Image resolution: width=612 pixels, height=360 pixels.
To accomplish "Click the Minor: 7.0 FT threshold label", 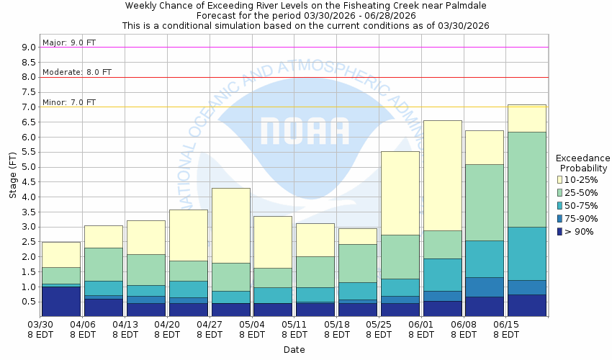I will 69,102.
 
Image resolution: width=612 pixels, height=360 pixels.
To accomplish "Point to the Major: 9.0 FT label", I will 69,42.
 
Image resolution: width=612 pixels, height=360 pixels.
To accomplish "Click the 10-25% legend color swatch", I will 559,179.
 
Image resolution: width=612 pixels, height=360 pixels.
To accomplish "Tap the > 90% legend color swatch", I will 559,231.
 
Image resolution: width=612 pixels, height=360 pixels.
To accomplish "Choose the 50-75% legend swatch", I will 559,205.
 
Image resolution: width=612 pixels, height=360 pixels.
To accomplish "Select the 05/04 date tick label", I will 252,329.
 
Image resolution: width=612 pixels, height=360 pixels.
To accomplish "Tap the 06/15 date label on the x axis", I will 505,329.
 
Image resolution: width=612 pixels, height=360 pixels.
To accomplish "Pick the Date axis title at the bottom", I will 294,350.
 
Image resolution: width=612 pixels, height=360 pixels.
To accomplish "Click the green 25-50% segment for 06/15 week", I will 526,179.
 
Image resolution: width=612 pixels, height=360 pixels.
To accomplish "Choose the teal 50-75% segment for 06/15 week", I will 526,253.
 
